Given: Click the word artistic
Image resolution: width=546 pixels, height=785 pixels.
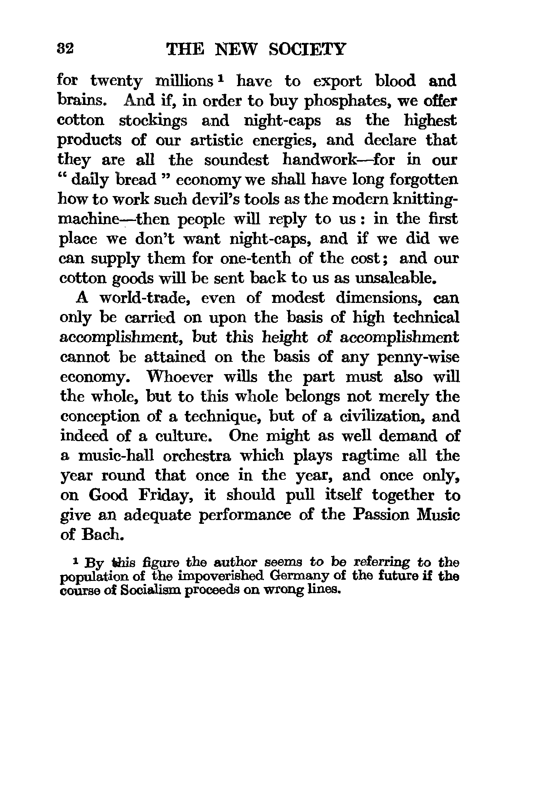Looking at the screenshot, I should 217,141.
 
